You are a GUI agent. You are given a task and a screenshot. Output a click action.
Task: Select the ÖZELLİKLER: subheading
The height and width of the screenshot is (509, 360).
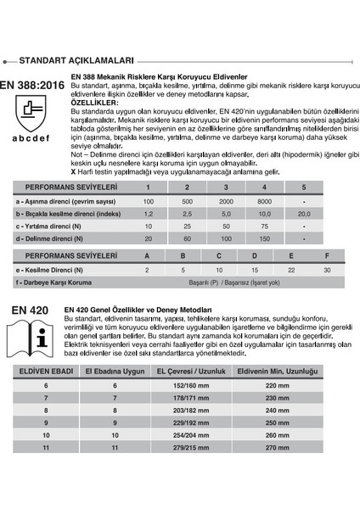(95, 102)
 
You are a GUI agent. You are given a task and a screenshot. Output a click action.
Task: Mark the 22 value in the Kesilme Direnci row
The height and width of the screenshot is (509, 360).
(291, 269)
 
